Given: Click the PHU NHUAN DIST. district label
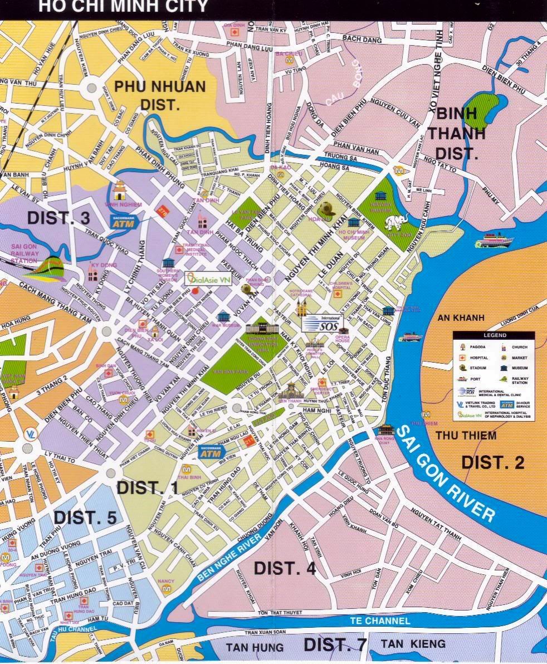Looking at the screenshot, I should click(159, 95).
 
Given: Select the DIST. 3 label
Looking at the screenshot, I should click(58, 218).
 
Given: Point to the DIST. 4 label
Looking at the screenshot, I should click(285, 568).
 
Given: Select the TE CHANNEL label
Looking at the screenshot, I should click(380, 621).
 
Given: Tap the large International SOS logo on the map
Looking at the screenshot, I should click(323, 323).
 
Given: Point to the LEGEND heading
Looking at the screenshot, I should click(494, 335).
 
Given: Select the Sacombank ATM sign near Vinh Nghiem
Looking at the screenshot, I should click(123, 222).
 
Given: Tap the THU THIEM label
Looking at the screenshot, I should click(466, 435).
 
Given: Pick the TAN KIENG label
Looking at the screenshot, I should click(413, 644).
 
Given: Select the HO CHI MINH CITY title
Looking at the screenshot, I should click(123, 7).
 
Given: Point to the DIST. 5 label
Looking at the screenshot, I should click(85, 517).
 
